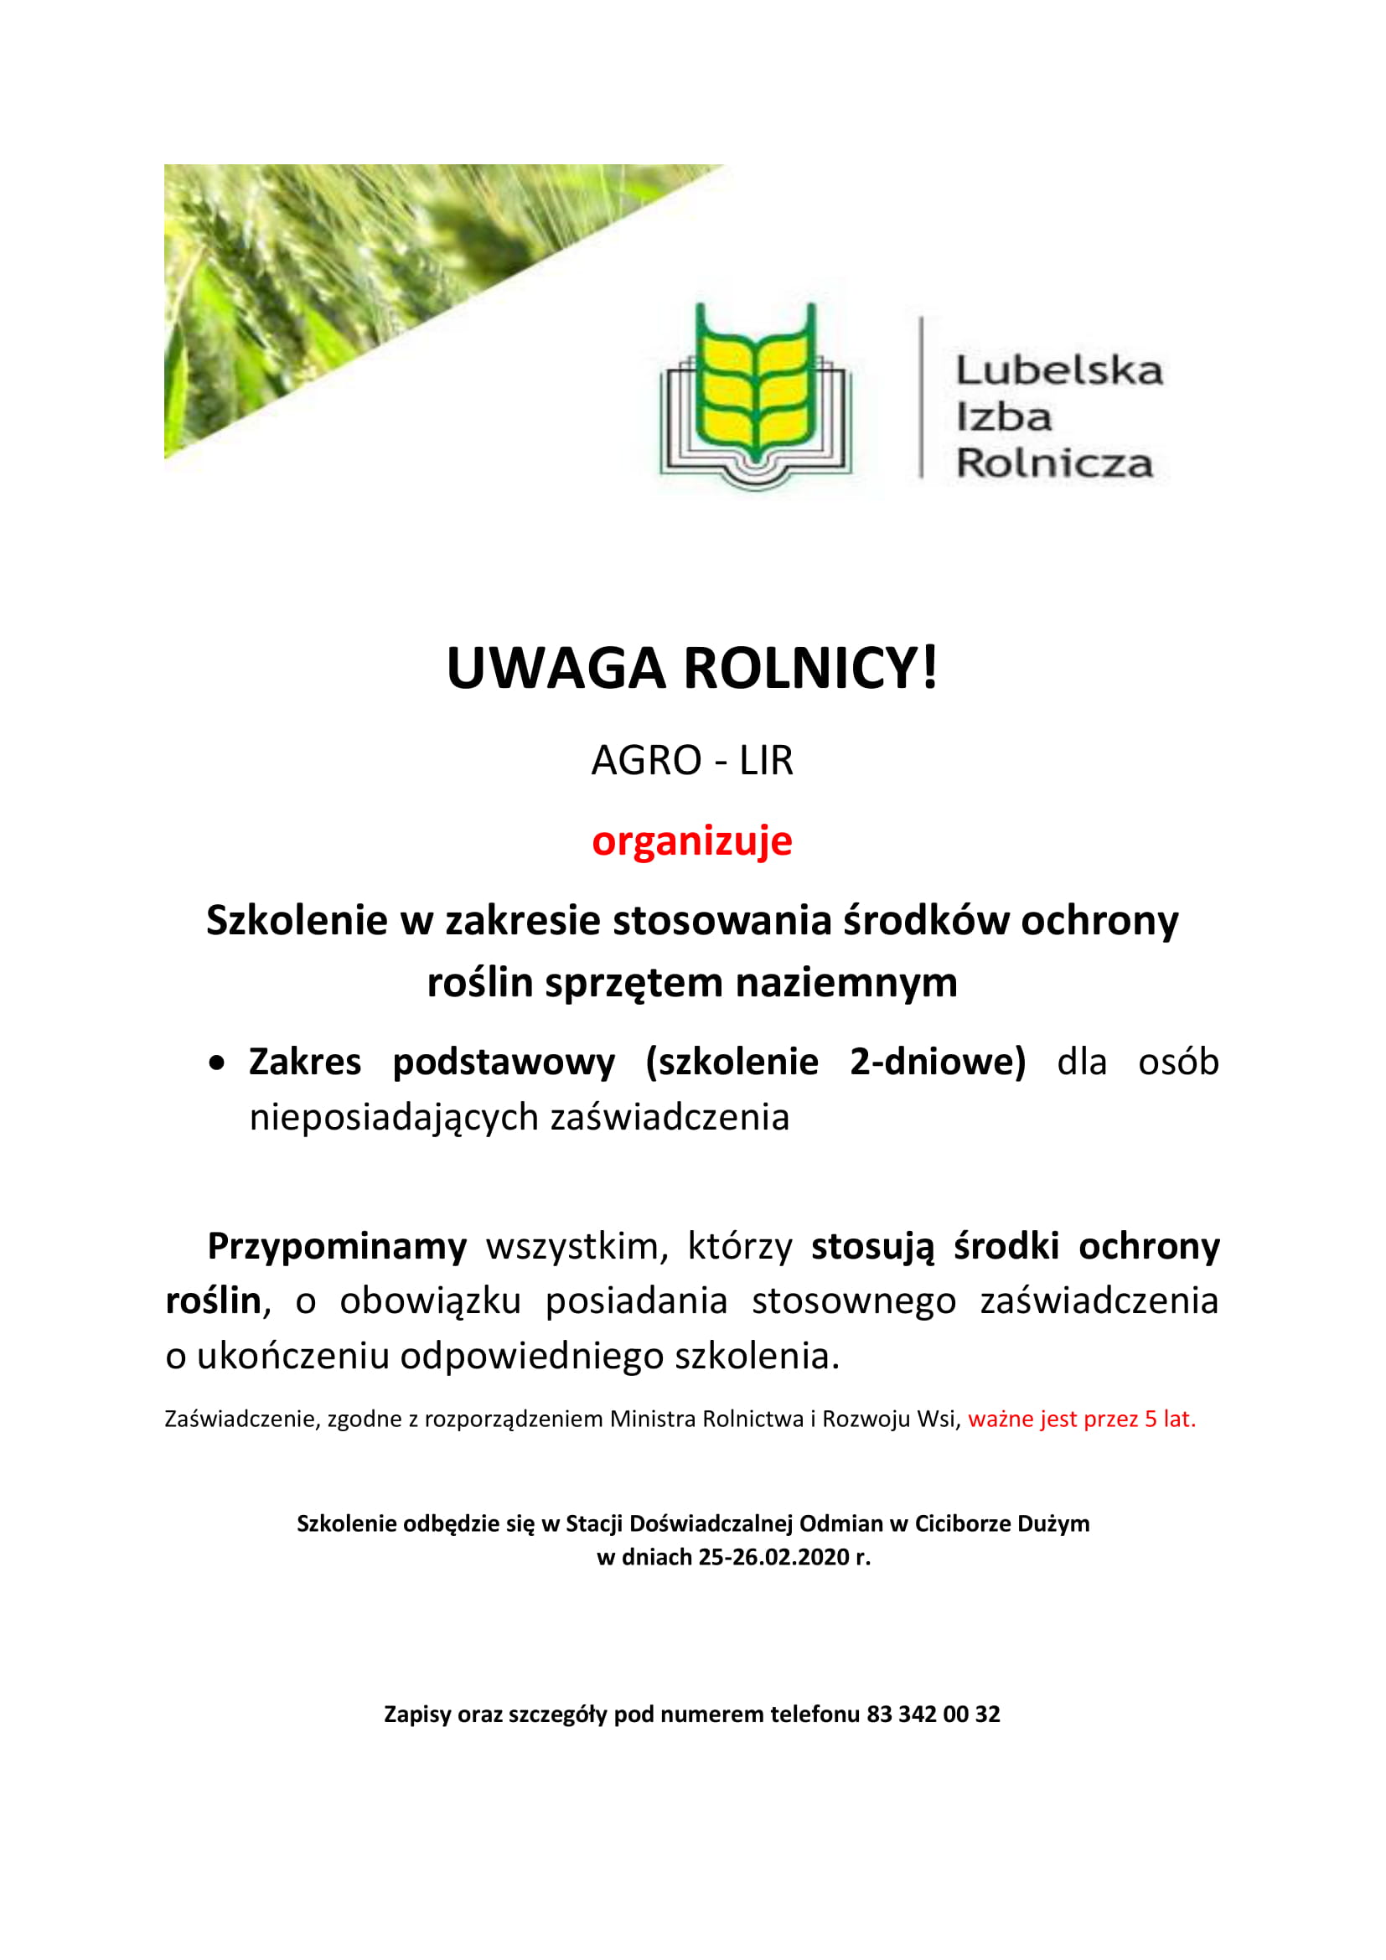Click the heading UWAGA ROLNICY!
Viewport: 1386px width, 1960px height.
point(692,669)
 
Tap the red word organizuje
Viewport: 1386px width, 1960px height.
point(692,840)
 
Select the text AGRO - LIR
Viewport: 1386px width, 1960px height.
point(692,760)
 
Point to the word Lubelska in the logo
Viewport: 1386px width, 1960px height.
point(1059,370)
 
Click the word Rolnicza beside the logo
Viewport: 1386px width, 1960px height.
point(1054,463)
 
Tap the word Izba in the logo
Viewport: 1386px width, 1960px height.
point(1004,416)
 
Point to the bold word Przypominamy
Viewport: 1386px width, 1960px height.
point(337,1246)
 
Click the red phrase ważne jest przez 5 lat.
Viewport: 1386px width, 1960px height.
point(1081,1419)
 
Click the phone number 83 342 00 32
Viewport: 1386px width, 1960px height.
point(933,1714)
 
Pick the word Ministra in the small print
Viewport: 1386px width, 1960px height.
point(653,1419)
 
